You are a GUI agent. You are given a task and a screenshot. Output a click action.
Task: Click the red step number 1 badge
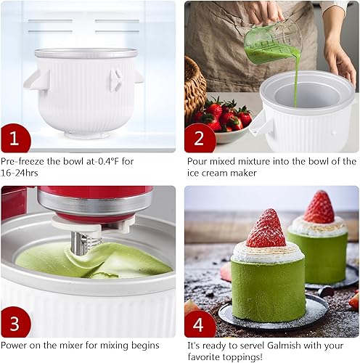(x=15, y=137)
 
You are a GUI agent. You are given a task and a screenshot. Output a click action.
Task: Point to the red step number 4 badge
(x=200, y=323)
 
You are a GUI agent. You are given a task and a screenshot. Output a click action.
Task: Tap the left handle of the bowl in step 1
(x=34, y=78)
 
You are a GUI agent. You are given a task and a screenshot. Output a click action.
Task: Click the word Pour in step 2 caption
(x=198, y=162)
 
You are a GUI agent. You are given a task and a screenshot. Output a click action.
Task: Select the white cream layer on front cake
(x=267, y=252)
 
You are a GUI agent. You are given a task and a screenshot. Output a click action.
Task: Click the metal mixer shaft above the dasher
(x=79, y=240)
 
